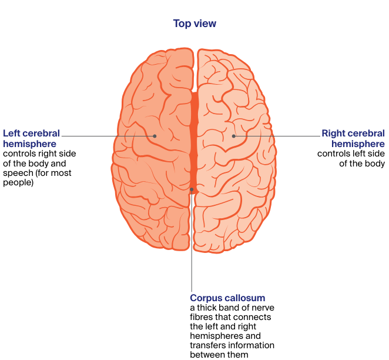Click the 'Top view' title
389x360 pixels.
pos(195,24)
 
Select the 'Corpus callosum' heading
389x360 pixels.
pos(227,298)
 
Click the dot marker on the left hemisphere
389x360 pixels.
pos(155,136)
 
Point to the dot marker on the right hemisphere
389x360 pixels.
pos(233,136)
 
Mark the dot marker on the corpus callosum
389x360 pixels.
pos(192,189)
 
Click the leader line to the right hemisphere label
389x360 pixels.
pos(276,136)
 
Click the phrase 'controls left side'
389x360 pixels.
pos(351,154)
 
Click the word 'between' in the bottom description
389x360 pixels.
pos(208,355)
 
